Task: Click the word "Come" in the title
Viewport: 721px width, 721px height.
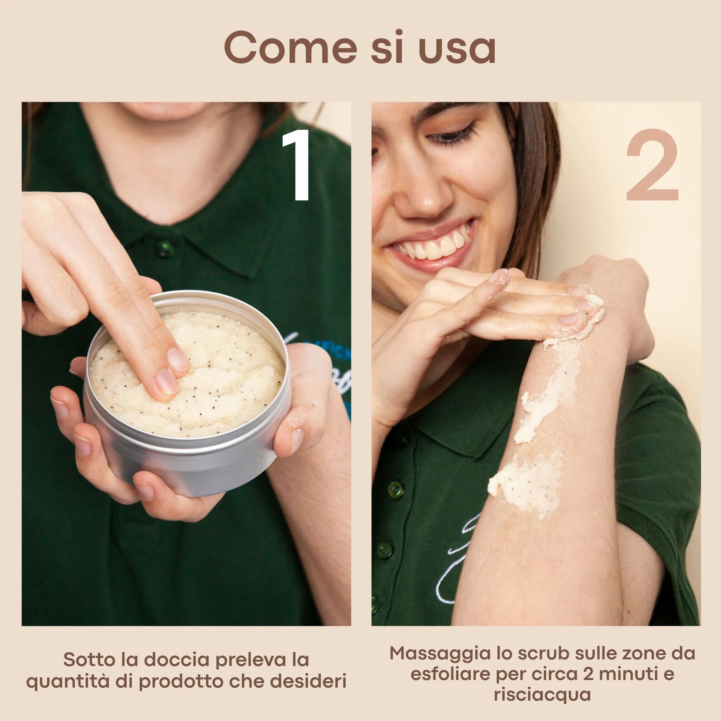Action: [290, 48]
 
